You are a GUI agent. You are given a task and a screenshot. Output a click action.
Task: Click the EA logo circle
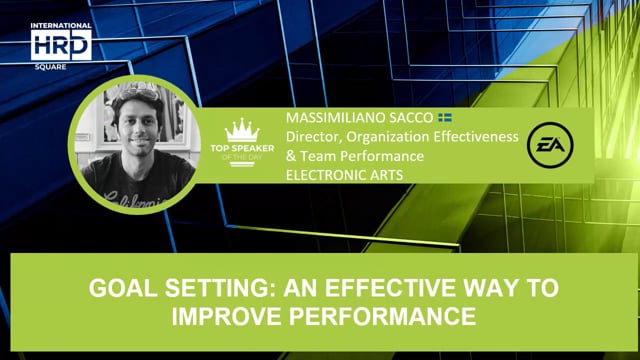tap(550, 143)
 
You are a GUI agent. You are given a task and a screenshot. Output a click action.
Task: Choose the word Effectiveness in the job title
tap(473, 137)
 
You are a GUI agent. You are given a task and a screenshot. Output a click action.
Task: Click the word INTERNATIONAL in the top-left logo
tap(61, 26)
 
